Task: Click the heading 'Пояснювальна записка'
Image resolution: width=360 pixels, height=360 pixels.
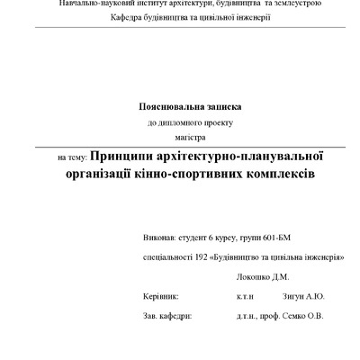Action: pyautogui.click(x=190, y=105)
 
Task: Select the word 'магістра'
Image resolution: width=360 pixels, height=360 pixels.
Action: pyautogui.click(x=190, y=137)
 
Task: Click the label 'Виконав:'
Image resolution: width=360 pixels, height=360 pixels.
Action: pyautogui.click(x=159, y=241)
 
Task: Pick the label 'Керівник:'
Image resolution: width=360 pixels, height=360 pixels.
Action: pyautogui.click(x=161, y=295)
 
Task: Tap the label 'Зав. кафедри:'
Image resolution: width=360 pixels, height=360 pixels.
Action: pyautogui.click(x=167, y=316)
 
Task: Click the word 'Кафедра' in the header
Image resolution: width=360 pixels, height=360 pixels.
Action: pyautogui.click(x=129, y=18)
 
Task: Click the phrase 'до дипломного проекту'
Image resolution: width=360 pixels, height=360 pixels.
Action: pyautogui.click(x=190, y=121)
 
